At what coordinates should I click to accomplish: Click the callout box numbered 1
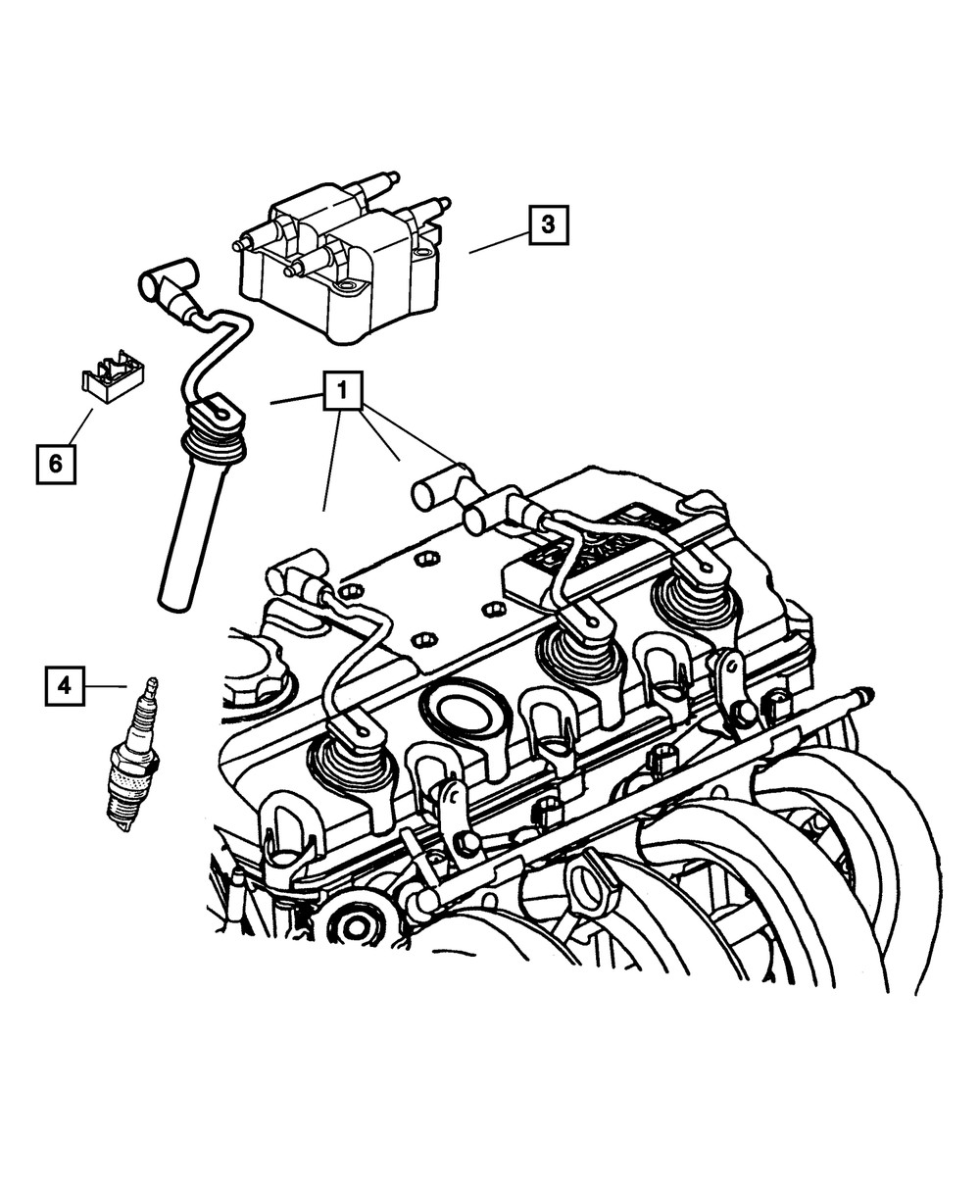342,390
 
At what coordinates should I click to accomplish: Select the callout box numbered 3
548,224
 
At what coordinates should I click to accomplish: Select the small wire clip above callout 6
111,375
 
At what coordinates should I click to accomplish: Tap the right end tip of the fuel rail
865,695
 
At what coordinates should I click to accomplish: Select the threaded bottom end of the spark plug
122,814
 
